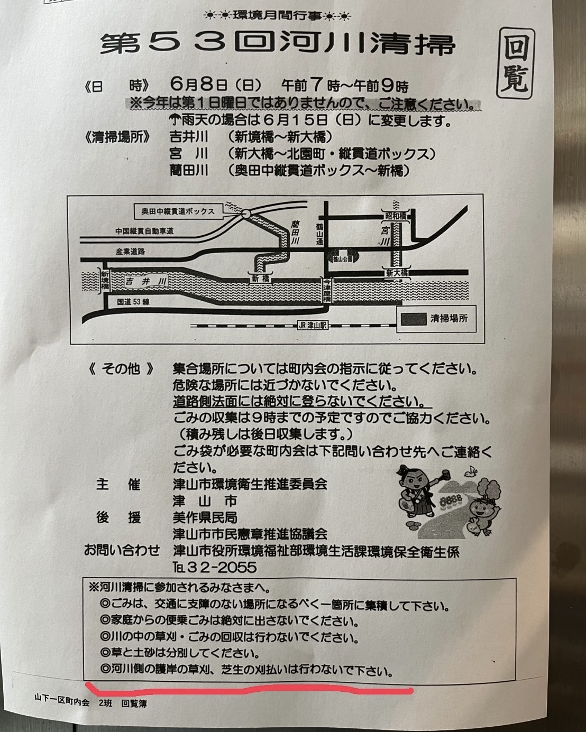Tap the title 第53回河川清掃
click(x=277, y=44)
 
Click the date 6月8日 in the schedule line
click(x=199, y=85)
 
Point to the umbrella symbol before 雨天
click(x=175, y=119)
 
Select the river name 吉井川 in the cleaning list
click(x=189, y=137)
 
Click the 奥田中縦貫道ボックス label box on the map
click(x=178, y=211)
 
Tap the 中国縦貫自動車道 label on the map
click(x=145, y=231)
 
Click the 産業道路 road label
click(x=131, y=252)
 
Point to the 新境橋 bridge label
click(x=105, y=281)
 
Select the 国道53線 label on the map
click(x=133, y=302)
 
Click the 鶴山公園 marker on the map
click(x=343, y=258)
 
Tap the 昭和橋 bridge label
click(x=396, y=216)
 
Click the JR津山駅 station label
click(x=313, y=326)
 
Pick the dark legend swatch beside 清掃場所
click(x=414, y=319)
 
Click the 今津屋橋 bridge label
click(x=327, y=290)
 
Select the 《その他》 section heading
click(x=121, y=369)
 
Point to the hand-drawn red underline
click(x=249, y=690)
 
